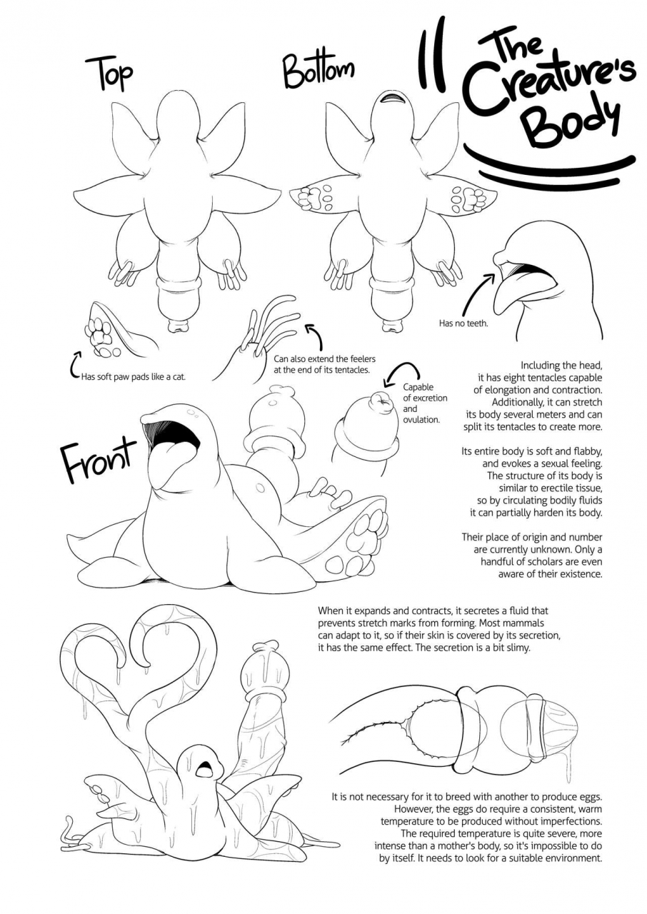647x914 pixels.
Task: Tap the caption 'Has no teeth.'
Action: tap(463, 323)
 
